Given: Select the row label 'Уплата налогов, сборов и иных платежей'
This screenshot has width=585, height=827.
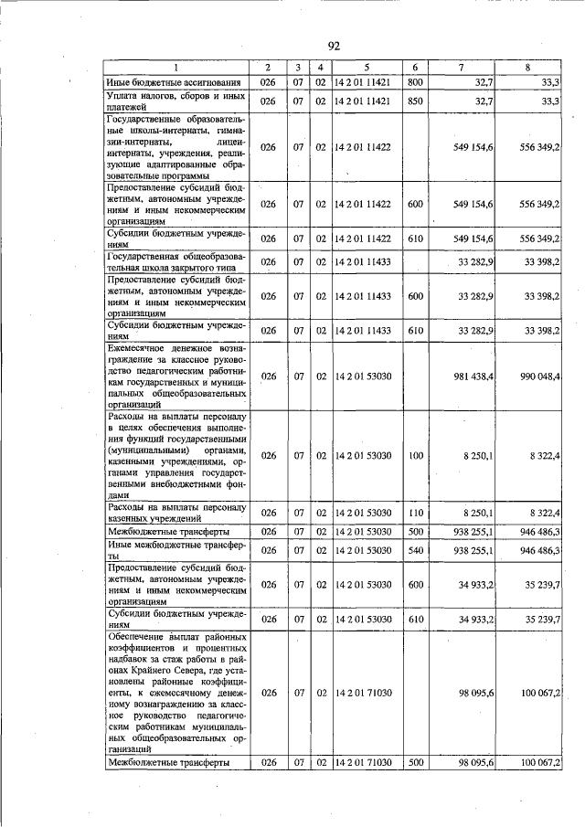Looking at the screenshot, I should click(x=176, y=101).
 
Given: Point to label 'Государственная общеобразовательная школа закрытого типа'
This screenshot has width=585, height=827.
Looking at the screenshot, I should click(x=176, y=262).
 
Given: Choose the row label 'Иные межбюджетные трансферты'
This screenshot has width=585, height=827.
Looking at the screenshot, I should click(x=176, y=550).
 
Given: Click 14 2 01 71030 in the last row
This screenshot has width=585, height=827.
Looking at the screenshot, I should click(x=366, y=762).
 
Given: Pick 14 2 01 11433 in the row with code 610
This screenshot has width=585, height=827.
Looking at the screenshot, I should click(x=366, y=330).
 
